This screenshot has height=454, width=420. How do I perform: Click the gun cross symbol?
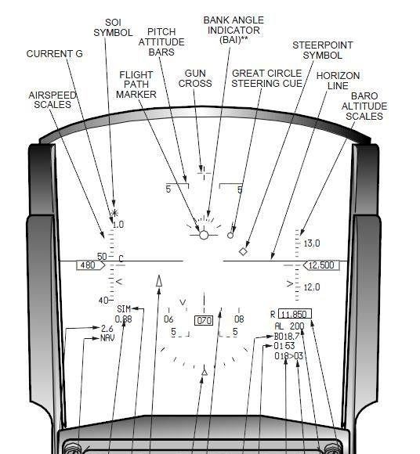coord(204,173)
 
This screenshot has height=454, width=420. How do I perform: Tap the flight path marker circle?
coord(204,235)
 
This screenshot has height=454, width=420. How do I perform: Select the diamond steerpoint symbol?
coord(243,251)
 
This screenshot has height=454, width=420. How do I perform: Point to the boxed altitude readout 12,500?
coord(321,265)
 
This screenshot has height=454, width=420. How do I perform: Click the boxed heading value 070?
coord(204,320)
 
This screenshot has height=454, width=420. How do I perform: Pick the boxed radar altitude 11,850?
coord(295,314)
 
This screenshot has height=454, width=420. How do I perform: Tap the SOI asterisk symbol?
coord(114,214)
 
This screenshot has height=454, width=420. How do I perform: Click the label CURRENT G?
coord(55,54)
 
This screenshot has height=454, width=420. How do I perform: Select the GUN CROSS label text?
coord(195,78)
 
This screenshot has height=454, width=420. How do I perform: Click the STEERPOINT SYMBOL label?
coord(323,50)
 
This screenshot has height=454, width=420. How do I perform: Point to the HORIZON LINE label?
coord(338,81)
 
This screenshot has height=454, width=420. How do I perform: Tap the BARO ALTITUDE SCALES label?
coord(364,106)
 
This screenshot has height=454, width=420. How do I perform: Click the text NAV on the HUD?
coord(107,338)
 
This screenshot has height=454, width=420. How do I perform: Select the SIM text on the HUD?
coord(124,309)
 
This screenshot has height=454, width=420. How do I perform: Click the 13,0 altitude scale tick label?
coord(312,243)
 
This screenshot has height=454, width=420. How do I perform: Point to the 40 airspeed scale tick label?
coord(103,301)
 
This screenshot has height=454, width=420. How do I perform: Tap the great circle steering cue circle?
coord(230,236)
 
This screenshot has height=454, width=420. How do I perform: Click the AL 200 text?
coord(289,326)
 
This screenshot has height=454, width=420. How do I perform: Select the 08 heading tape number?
coord(239,319)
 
